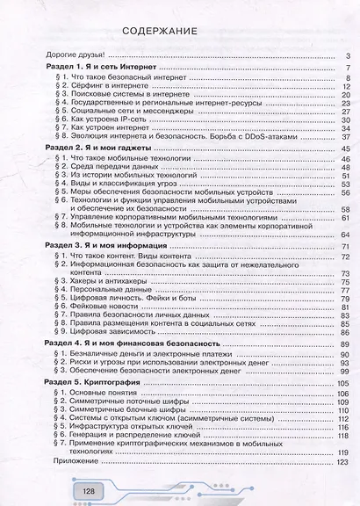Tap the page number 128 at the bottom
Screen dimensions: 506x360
[x=89, y=489]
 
